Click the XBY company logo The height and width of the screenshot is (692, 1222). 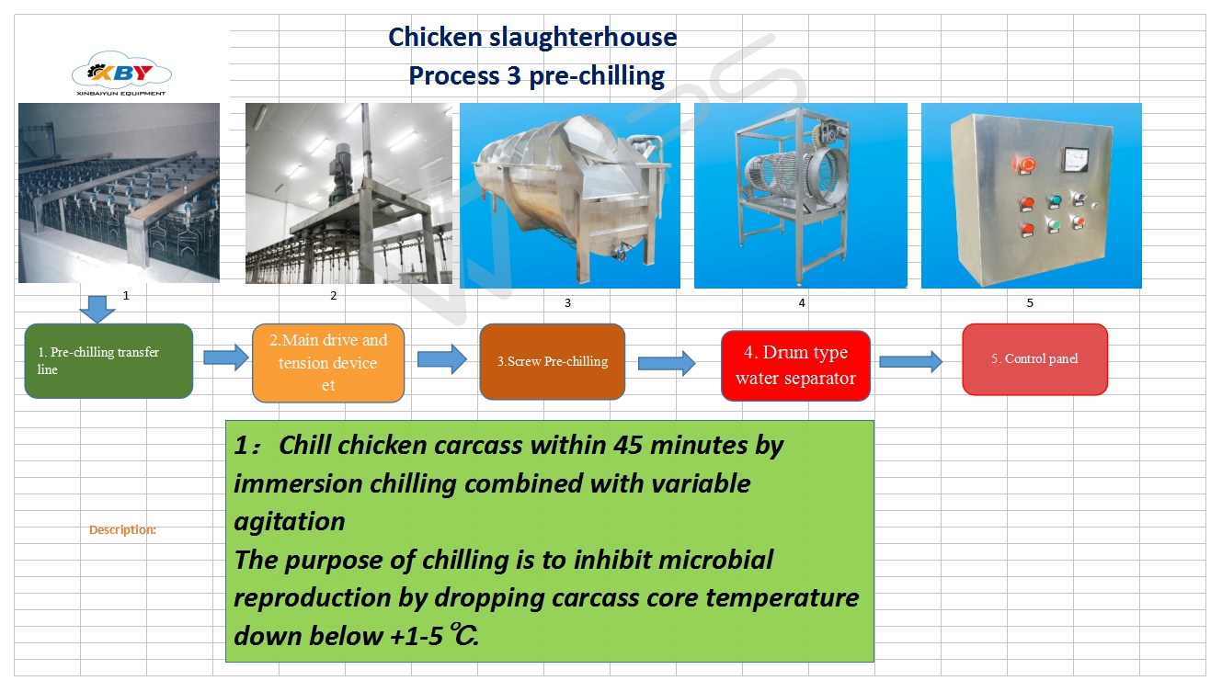[121, 74]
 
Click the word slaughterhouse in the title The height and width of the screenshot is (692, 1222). [583, 38]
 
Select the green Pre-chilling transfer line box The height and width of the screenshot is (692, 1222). [108, 361]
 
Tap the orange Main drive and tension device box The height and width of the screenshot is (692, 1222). [328, 363]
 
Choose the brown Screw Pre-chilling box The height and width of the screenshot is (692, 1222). [552, 361]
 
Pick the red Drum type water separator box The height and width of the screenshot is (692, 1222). [795, 366]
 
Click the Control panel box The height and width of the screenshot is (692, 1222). [1034, 358]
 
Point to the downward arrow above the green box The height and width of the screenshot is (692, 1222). [97, 309]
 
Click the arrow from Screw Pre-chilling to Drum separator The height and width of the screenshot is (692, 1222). [667, 363]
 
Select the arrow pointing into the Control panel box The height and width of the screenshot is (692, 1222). [911, 361]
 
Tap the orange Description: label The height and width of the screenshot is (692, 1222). [122, 529]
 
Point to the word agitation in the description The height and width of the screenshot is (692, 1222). [290, 522]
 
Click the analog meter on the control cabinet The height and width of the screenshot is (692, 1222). [1075, 159]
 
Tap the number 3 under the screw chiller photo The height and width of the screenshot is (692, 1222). [567, 302]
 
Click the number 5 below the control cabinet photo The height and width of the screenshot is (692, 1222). [1030, 302]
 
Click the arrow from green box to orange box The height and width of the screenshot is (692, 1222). [226, 357]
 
